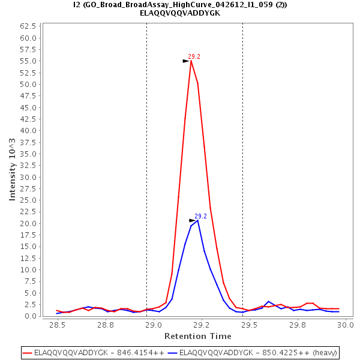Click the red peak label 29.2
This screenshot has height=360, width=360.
pyautogui.click(x=194, y=56)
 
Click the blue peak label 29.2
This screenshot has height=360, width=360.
pyautogui.click(x=200, y=216)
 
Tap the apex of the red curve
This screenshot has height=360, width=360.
pyautogui.click(x=191, y=61)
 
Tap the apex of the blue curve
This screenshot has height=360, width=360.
pyautogui.click(x=197, y=220)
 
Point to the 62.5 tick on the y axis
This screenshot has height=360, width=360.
pyautogui.click(x=29, y=26)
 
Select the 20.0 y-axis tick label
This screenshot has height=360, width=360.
pyautogui.click(x=29, y=223)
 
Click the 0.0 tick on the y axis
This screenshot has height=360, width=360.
pyautogui.click(x=31, y=316)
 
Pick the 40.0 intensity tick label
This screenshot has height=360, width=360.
pyautogui.click(x=29, y=131)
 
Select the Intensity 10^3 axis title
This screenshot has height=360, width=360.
pyautogui.click(x=13, y=170)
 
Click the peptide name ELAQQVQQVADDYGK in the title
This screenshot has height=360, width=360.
pyautogui.click(x=180, y=13)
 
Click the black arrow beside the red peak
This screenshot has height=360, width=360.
pyautogui.click(x=186, y=61)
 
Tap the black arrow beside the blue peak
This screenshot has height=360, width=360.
pyautogui.click(x=193, y=221)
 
